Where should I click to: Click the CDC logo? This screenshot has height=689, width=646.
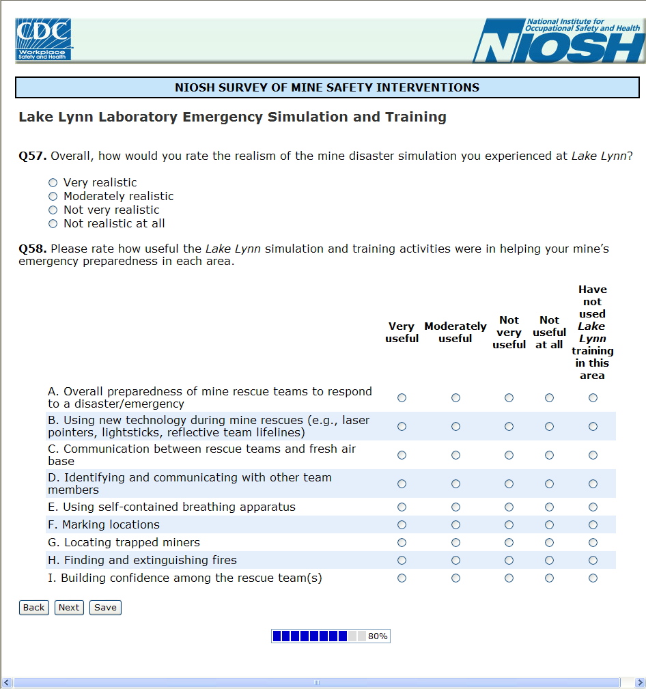coord(44,40)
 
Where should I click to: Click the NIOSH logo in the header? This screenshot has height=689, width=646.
coord(559,41)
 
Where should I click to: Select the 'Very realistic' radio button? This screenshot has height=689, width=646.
coord(53,182)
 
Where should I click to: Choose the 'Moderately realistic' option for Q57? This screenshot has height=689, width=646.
coord(53,196)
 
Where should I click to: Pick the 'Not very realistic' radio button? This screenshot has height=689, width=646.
coord(53,210)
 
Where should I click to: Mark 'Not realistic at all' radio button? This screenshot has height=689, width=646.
coord(53,223)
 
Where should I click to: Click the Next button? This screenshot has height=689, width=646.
coord(69,608)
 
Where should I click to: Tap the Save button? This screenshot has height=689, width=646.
coord(105,608)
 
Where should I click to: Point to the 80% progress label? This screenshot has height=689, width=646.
coord(378,636)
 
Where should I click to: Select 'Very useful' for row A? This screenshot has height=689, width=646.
coord(402,397)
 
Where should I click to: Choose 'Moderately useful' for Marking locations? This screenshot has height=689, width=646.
coord(455,524)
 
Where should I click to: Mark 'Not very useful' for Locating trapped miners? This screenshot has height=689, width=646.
coord(509,542)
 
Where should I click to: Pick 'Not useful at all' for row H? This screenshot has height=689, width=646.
coord(549,560)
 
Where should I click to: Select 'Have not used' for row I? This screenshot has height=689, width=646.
coord(593,578)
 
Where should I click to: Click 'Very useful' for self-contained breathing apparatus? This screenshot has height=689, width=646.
coord(402,507)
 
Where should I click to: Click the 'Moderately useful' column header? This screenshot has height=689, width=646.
coord(455,333)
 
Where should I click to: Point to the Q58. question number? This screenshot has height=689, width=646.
coord(33,249)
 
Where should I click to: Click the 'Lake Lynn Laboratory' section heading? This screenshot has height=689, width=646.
coord(232,117)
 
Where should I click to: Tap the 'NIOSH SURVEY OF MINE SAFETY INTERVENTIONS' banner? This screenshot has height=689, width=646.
coord(327,87)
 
